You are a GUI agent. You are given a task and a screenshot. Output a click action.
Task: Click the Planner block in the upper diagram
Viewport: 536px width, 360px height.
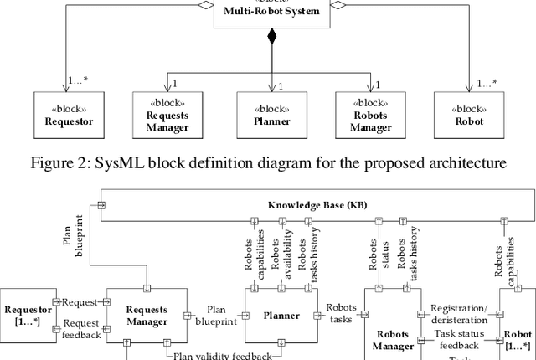point(271,115)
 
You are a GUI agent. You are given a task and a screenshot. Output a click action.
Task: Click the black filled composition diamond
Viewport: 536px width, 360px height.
point(271,36)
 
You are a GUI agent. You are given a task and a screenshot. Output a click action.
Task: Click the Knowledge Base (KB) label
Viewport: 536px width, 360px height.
point(317,205)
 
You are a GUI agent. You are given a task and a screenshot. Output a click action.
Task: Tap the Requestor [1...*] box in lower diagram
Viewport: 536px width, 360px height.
point(27,315)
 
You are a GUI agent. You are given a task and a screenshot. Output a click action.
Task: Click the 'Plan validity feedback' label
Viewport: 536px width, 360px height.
point(222,355)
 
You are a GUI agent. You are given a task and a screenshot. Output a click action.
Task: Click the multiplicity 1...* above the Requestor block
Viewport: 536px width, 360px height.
point(78,82)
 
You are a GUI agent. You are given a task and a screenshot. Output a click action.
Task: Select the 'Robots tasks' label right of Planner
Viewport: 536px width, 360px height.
point(341,312)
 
